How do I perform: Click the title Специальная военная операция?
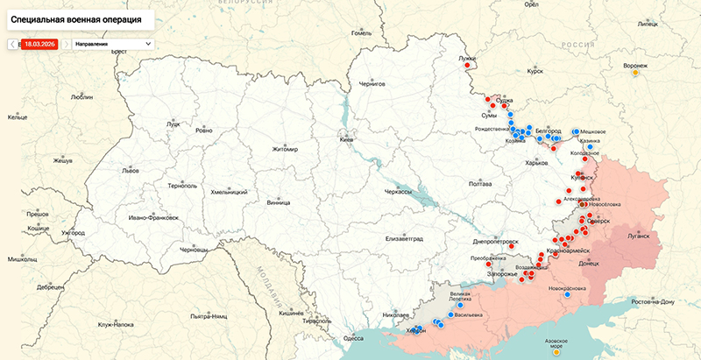pyautogui.click(x=77, y=18)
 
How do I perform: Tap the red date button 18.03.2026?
pyautogui.click(x=39, y=43)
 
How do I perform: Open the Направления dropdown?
pyautogui.click(x=112, y=43)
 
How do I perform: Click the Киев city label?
pyautogui.click(x=348, y=140)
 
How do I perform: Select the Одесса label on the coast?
pyautogui.click(x=353, y=338)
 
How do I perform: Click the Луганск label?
pyautogui.click(x=638, y=236)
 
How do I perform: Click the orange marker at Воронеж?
pyautogui.click(x=636, y=74)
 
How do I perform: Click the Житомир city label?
pyautogui.click(x=285, y=149)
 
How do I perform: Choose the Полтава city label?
pyautogui.click(x=480, y=184)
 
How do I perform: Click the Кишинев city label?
pyautogui.click(x=290, y=313)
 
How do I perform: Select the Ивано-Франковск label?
pyautogui.click(x=153, y=217)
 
